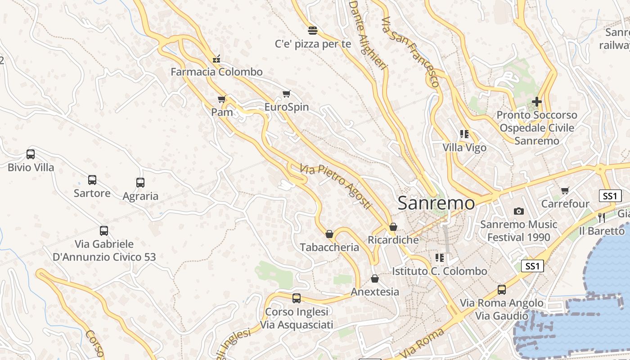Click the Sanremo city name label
point(436,203)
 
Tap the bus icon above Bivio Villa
point(31,154)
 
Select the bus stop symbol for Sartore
point(92,180)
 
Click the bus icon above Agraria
point(140,183)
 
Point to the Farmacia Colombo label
point(216,72)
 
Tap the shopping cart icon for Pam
point(221,99)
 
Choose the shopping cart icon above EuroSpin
point(287,94)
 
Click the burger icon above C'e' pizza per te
point(313,31)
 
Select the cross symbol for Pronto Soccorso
point(536,102)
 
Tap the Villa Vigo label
point(464,148)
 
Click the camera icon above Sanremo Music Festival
point(518,211)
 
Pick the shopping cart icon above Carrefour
point(565,190)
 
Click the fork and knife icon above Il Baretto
point(602,218)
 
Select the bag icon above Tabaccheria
point(329,234)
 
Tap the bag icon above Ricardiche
point(393,227)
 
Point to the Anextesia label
point(375,292)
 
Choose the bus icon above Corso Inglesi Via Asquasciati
point(297,298)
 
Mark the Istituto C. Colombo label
point(440,271)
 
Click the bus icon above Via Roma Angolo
point(502,290)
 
